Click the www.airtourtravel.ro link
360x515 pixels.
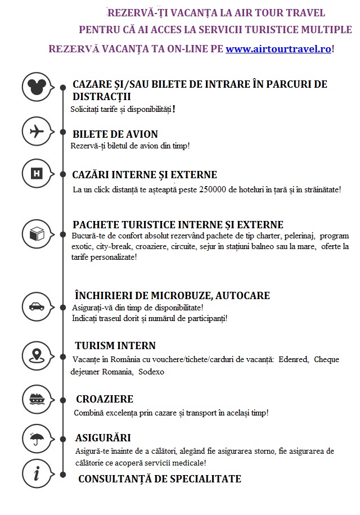278,49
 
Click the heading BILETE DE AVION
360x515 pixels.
115,134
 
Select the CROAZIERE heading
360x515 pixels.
105,399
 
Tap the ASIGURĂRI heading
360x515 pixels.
103,438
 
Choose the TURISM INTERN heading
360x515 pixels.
115,346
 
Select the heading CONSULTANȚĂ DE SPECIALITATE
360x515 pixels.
159,479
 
